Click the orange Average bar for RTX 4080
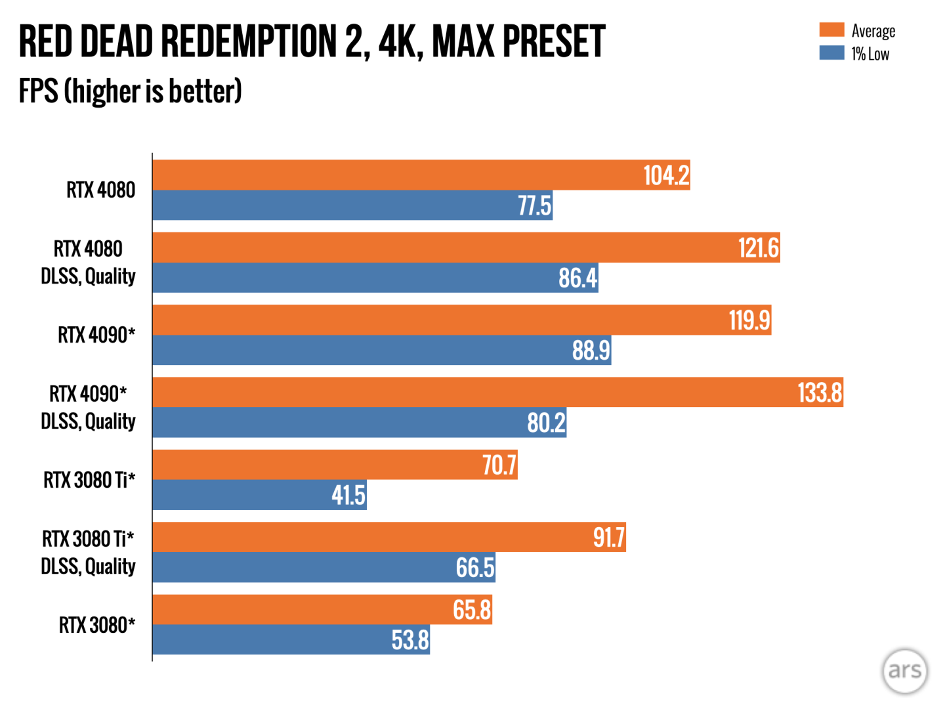pos(420,175)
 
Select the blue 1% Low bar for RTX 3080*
pos(291,639)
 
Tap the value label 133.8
pos(819,393)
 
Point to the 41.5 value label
pos(348,495)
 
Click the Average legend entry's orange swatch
pos(831,30)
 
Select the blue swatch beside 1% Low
pos(831,53)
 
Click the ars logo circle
pos(904,670)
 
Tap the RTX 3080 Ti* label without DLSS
pos(89,480)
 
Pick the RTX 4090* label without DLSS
pos(96,335)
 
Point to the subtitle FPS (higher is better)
pos(130,91)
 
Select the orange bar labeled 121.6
pos(466,247)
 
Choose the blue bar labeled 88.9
pos(381,350)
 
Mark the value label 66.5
pos(474,567)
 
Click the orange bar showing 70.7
pos(335,465)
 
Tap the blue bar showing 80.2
pos(359,422)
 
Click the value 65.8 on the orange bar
pos(471,610)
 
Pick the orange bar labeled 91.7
pos(388,537)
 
